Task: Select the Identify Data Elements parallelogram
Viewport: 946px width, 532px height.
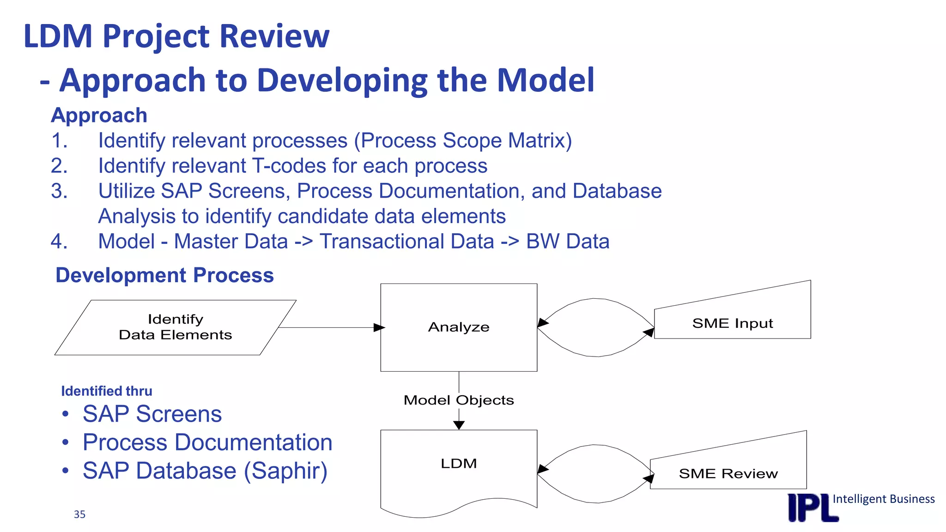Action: pos(175,327)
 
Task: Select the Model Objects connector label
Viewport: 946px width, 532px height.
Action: pos(459,400)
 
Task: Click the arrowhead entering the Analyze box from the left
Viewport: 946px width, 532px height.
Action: pos(379,327)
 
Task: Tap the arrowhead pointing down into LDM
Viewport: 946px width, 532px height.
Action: pos(459,425)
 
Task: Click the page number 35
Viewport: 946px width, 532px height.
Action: pos(79,514)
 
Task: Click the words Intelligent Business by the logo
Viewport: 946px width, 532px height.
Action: pos(883,499)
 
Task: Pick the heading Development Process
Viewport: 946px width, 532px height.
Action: pos(164,275)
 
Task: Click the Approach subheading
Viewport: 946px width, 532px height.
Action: pos(99,115)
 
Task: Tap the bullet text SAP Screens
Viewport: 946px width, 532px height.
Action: pos(152,414)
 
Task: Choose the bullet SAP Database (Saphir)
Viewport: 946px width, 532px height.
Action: pos(205,471)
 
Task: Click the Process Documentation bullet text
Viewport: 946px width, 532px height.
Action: pos(207,442)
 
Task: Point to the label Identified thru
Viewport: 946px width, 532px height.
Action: pos(107,391)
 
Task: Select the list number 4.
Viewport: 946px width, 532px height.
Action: pos(59,242)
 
